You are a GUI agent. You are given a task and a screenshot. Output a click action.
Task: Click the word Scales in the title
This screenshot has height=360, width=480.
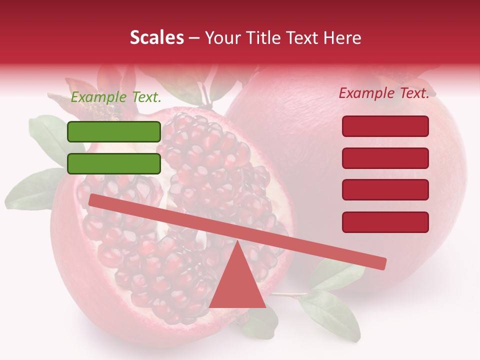pyautogui.click(x=156, y=37)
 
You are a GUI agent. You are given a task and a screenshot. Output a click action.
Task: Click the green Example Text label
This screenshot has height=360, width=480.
pyautogui.click(x=116, y=97)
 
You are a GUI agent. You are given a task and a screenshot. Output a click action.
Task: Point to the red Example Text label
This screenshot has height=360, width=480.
pyautogui.click(x=384, y=93)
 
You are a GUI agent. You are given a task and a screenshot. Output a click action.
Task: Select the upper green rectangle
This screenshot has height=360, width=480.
pyautogui.click(x=114, y=131)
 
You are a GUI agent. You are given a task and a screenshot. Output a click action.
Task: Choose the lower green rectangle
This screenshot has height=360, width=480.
pyautogui.click(x=114, y=163)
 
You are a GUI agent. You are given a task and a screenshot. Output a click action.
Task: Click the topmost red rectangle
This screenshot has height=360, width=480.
pyautogui.click(x=385, y=126)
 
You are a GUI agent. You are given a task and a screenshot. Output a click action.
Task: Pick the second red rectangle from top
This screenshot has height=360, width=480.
pyautogui.click(x=385, y=158)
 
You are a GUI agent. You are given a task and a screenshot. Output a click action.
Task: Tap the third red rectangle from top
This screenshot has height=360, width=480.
pyautogui.click(x=385, y=190)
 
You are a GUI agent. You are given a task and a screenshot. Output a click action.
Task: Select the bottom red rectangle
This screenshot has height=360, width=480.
pyautogui.click(x=385, y=222)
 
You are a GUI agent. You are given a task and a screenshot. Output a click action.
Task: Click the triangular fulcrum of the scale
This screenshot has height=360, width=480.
pyautogui.click(x=237, y=285)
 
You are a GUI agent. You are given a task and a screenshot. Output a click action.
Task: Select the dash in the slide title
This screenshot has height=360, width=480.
pyautogui.click(x=194, y=38)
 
